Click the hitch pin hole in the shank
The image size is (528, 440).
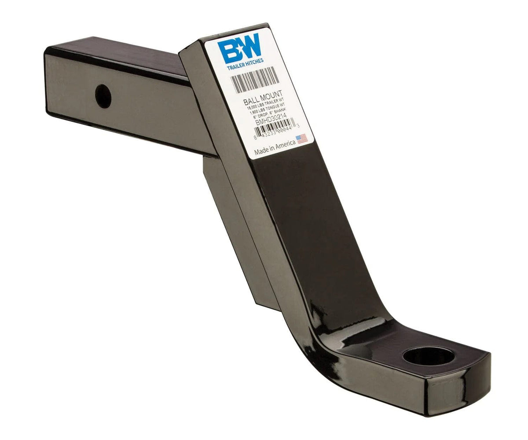(103, 97)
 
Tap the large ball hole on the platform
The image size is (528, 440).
(428, 356)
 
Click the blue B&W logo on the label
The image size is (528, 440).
(240, 51)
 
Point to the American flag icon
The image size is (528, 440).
(301, 139)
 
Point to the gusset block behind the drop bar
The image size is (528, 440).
(240, 229)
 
